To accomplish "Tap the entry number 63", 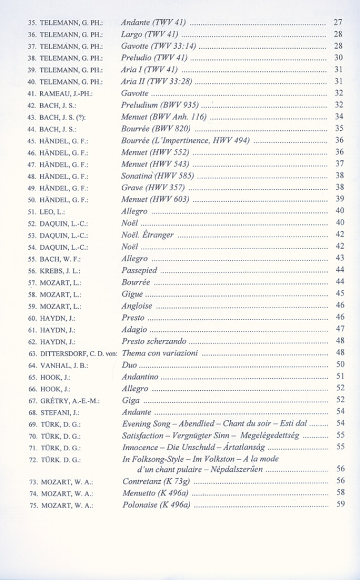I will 33,353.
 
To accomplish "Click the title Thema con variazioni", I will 160,353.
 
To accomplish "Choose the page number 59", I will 340,504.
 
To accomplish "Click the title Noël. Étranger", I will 148,234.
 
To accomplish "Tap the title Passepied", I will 139,270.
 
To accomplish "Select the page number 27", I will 338,23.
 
